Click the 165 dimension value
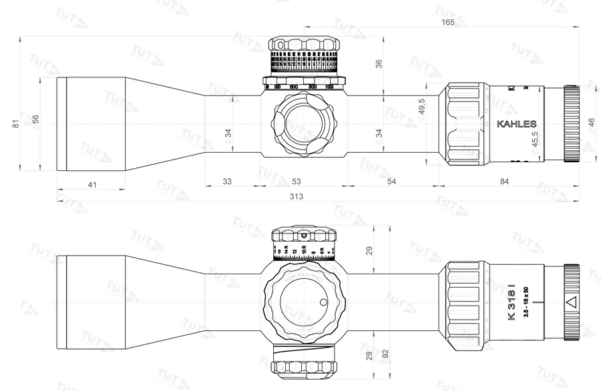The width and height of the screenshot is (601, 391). tap(447, 22)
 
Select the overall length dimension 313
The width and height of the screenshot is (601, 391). tap(296, 196)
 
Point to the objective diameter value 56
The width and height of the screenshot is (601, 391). tap(36, 120)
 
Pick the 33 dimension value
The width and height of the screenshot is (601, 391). tap(227, 181)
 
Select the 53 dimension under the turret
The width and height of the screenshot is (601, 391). tap(296, 181)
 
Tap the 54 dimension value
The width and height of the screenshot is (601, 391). tap(392, 181)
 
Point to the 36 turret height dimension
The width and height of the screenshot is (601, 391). tap(379, 64)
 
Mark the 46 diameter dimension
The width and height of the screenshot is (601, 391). tap(591, 124)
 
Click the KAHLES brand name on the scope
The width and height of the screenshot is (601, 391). tap(517, 124)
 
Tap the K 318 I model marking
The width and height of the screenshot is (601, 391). tap(512, 300)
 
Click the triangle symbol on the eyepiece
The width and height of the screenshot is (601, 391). tap(572, 302)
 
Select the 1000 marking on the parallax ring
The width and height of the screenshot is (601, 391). tap(329, 87)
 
